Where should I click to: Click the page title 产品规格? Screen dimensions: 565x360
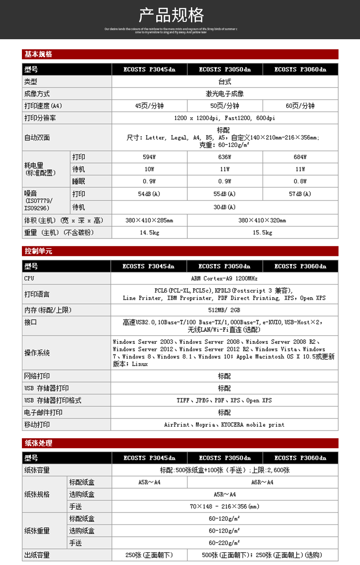[x=171, y=16]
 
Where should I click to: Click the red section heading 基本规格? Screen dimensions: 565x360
[x=39, y=54]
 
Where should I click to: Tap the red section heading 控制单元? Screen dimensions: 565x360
[x=39, y=251]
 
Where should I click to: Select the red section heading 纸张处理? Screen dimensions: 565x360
[x=39, y=443]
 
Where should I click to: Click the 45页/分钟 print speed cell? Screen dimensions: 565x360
[x=149, y=106]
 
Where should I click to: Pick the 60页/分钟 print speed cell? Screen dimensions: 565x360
[x=300, y=106]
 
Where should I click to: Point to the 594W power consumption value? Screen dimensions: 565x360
[x=149, y=157]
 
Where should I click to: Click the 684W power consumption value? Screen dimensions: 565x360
[x=300, y=157]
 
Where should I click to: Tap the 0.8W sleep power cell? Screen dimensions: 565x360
[x=300, y=181]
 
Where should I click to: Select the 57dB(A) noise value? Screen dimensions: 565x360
[x=300, y=194]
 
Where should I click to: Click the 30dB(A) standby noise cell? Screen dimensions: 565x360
[x=225, y=207]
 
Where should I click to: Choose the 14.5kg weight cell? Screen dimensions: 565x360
[x=149, y=233]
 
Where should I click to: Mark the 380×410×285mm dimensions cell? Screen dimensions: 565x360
[x=149, y=220]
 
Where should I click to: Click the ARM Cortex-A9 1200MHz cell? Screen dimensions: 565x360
[x=224, y=278]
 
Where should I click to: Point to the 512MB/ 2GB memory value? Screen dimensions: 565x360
[x=224, y=310]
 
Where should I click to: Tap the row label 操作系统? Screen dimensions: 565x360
[x=37, y=353]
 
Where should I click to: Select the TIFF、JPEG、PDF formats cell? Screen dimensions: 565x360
[x=224, y=400]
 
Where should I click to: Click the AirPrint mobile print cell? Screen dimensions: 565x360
[x=224, y=425]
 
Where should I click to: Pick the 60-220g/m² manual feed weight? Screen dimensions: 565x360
[x=224, y=543]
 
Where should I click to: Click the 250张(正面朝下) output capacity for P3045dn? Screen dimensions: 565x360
[x=149, y=555]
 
